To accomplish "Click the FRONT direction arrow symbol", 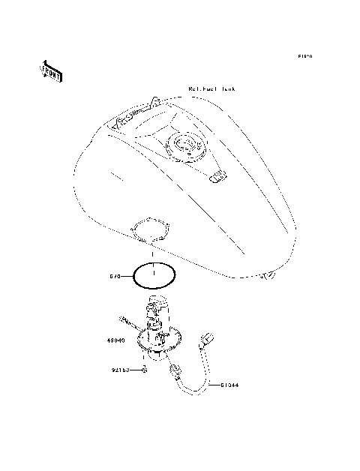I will (x=51, y=71).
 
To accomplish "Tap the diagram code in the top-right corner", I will (x=304, y=56).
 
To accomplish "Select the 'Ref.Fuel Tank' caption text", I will (x=211, y=88).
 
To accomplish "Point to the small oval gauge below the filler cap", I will (x=217, y=176).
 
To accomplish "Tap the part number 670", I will (x=115, y=275).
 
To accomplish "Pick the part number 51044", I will (x=229, y=385).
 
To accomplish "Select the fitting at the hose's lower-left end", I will (x=176, y=370).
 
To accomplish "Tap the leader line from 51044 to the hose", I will (x=213, y=385).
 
